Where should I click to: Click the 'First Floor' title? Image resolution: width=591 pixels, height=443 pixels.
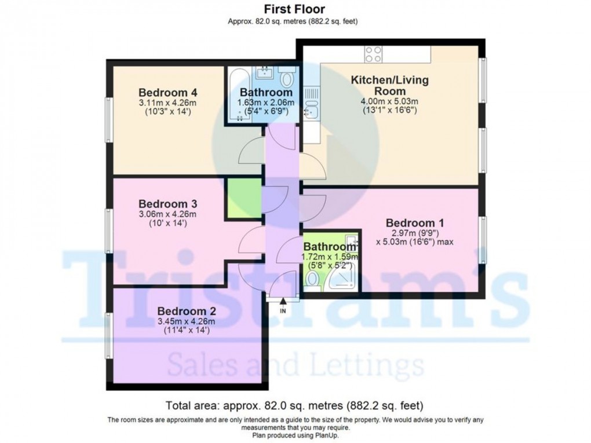coord(294,9)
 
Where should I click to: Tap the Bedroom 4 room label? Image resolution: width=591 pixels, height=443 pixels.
coord(168,93)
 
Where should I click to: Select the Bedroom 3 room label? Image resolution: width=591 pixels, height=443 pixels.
coord(168,204)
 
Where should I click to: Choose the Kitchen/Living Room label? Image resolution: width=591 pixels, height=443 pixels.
coord(389,85)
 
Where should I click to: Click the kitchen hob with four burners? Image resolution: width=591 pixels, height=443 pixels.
coord(373,54)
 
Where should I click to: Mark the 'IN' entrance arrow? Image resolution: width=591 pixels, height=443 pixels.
coord(283,305)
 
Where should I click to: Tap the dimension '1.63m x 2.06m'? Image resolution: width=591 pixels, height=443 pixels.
coord(266,102)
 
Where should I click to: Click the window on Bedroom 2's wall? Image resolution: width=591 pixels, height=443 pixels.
coord(108,336)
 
